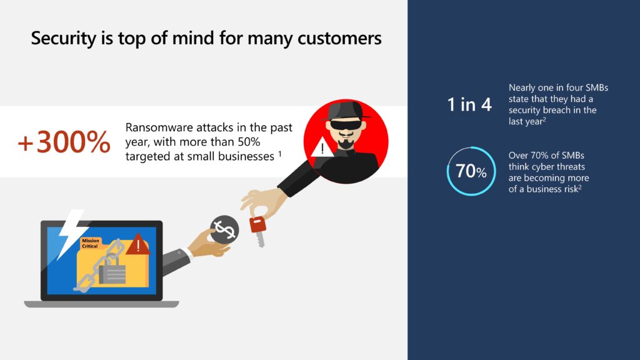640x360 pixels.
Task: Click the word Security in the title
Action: click(64, 39)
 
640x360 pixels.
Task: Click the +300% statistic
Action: click(64, 142)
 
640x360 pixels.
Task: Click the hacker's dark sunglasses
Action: click(345, 125)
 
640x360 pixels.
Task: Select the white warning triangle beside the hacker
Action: click(322, 147)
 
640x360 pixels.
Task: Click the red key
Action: click(258, 231)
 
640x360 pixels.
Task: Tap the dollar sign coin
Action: click(224, 229)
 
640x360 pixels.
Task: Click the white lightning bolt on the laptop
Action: click(70, 234)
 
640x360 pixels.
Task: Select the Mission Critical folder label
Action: click(90, 243)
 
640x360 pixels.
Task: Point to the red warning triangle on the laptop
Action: click(138, 244)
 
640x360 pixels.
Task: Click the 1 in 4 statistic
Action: click(469, 104)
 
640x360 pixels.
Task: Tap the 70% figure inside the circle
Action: click(471, 171)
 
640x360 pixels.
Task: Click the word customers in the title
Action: click(339, 39)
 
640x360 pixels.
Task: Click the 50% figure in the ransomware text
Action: click(249, 142)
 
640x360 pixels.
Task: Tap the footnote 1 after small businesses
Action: click(280, 154)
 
